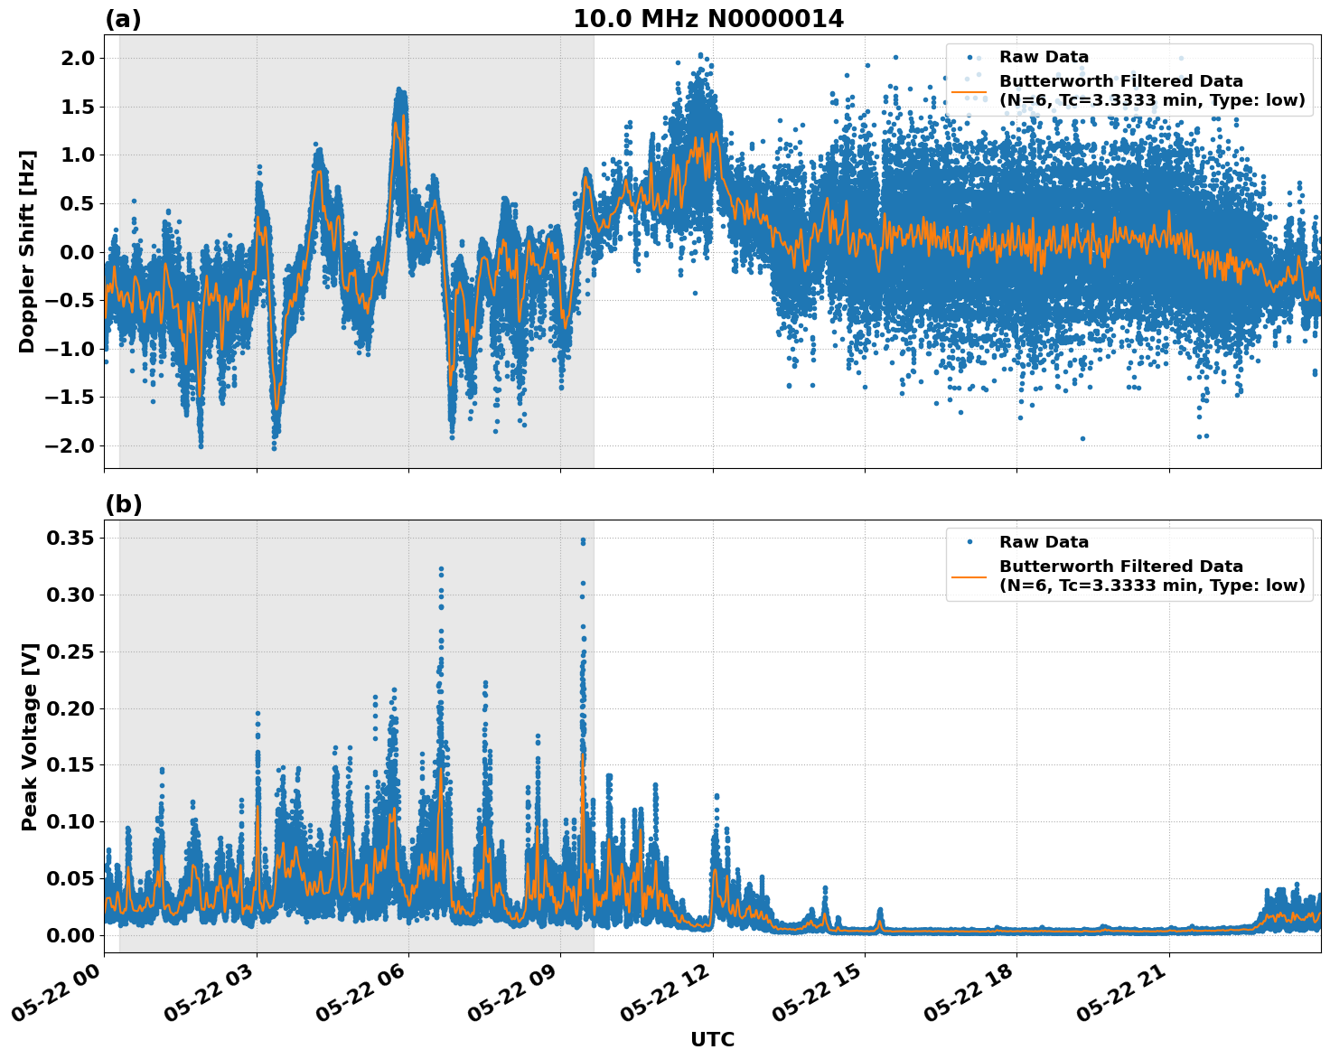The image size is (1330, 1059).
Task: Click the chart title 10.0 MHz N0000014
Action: [x=708, y=19]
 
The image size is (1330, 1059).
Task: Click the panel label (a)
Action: [x=123, y=19]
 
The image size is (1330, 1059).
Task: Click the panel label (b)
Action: [x=123, y=504]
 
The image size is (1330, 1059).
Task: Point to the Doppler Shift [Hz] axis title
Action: [x=27, y=251]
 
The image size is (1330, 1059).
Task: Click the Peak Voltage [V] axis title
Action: [x=30, y=736]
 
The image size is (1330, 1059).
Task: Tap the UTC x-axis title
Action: [x=712, y=1039]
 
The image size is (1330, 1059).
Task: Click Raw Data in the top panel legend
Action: [x=1044, y=57]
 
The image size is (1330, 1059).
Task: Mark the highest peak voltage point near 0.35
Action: [x=583, y=540]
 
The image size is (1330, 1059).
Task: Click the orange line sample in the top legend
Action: [x=969, y=91]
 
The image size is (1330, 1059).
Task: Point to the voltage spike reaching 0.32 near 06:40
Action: [x=441, y=569]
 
